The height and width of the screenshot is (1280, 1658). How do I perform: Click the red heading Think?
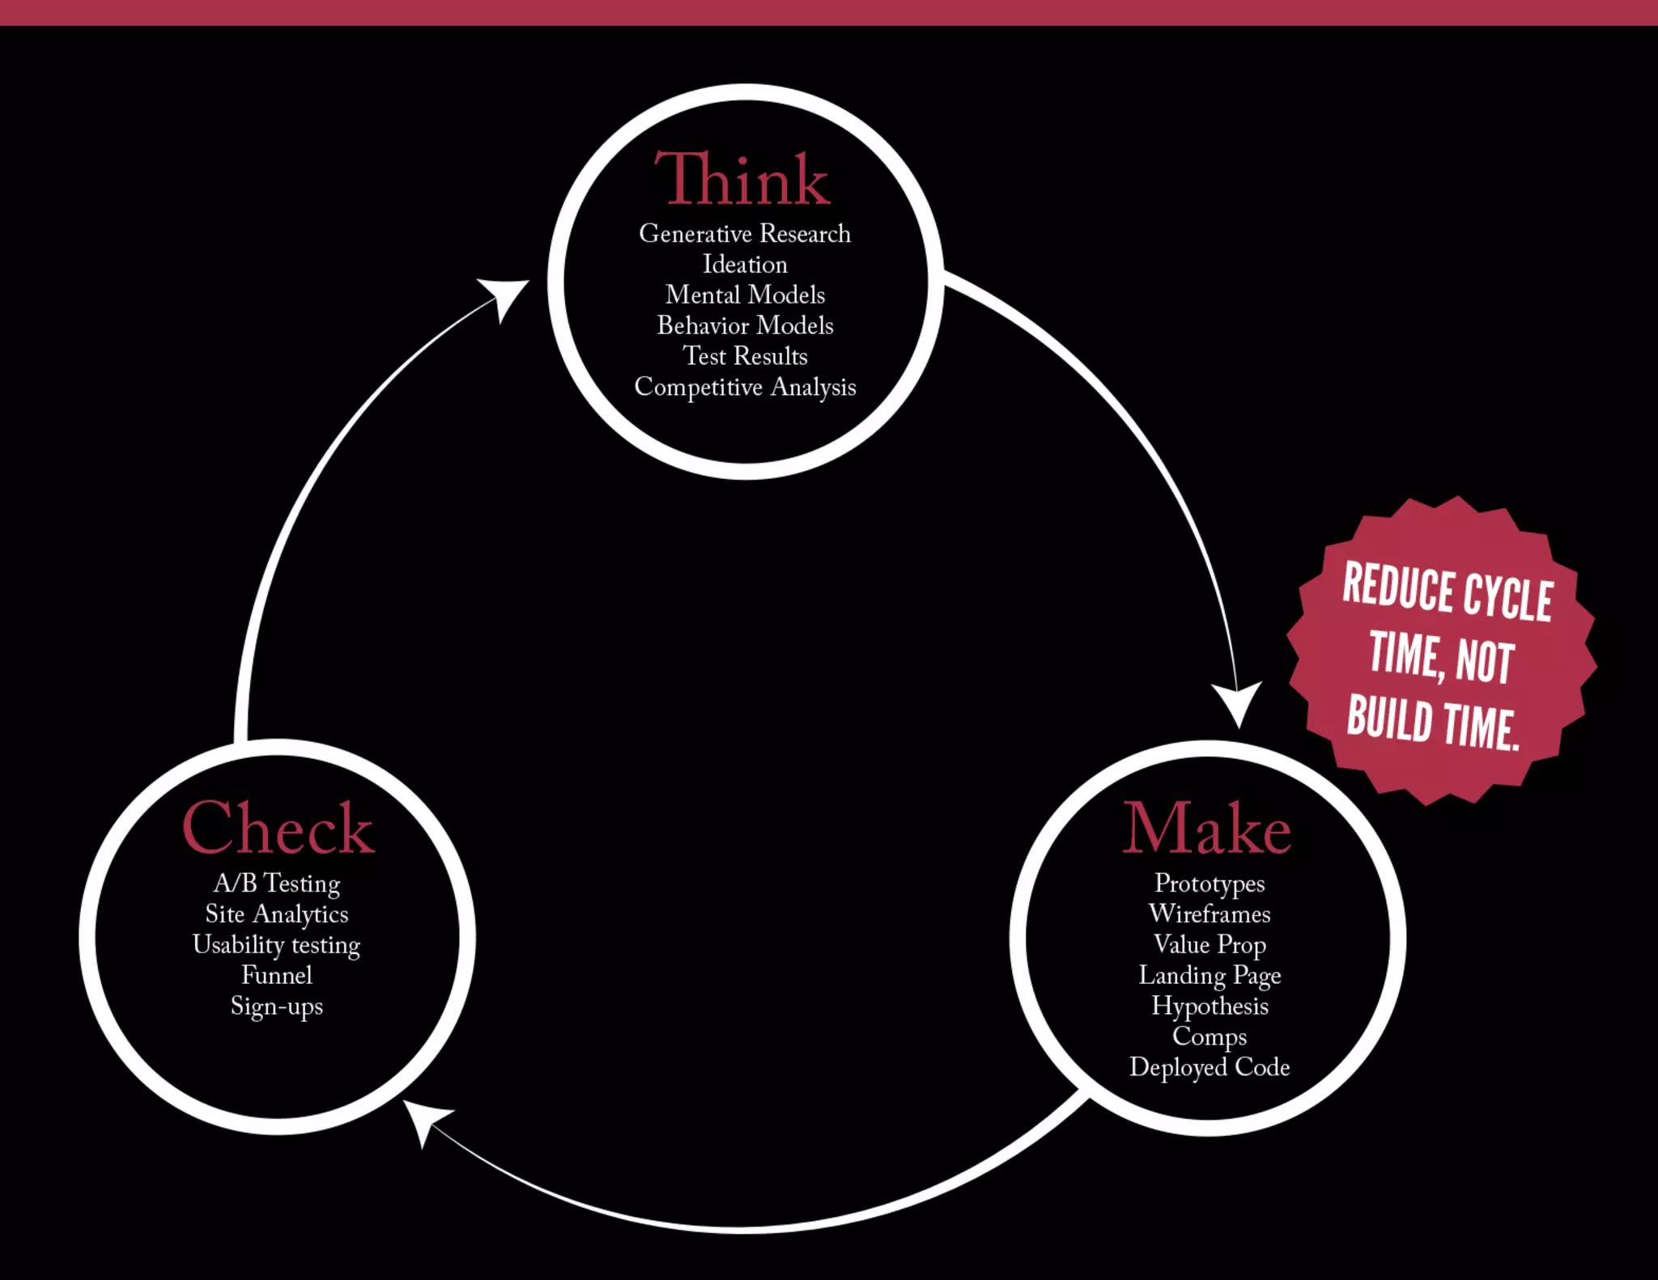(x=742, y=179)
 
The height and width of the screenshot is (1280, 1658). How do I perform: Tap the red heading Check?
(x=278, y=828)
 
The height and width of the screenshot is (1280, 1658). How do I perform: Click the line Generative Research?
(x=745, y=234)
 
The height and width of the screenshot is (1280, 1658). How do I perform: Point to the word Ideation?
(x=745, y=265)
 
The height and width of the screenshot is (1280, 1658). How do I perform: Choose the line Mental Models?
(x=745, y=295)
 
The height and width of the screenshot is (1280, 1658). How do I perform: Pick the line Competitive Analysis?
(x=745, y=387)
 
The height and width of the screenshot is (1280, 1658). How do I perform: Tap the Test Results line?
(x=745, y=356)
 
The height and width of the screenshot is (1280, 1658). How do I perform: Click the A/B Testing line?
(x=277, y=883)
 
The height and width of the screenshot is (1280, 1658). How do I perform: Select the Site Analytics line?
(x=277, y=913)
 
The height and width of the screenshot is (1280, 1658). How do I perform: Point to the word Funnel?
(x=277, y=975)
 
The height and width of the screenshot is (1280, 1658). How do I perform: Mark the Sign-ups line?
(x=277, y=1007)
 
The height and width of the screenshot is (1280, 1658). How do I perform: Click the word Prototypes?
(x=1209, y=883)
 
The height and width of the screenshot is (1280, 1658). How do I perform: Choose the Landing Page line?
(x=1209, y=975)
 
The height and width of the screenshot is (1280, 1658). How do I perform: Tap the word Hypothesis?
(x=1209, y=1006)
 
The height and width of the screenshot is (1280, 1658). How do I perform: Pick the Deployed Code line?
(x=1209, y=1067)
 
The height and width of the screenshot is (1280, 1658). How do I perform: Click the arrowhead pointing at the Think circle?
(x=505, y=296)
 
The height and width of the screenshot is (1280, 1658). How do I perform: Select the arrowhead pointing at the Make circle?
(x=1238, y=701)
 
